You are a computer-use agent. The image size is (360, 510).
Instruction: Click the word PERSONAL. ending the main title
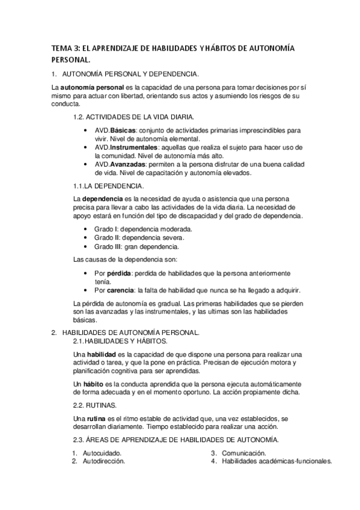(71, 60)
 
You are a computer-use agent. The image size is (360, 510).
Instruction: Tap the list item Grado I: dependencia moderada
(134, 229)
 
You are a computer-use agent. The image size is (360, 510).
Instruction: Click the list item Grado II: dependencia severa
(130, 238)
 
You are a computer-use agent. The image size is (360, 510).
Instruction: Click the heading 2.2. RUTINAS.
(94, 406)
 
